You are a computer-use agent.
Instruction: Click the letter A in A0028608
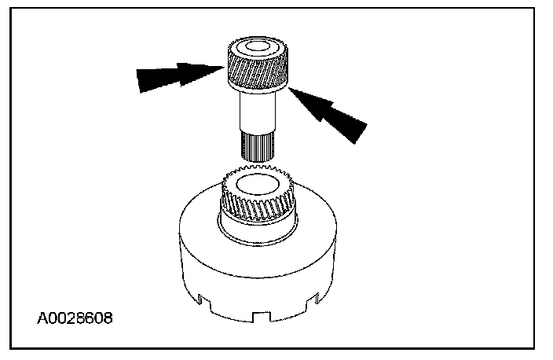click(x=42, y=321)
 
